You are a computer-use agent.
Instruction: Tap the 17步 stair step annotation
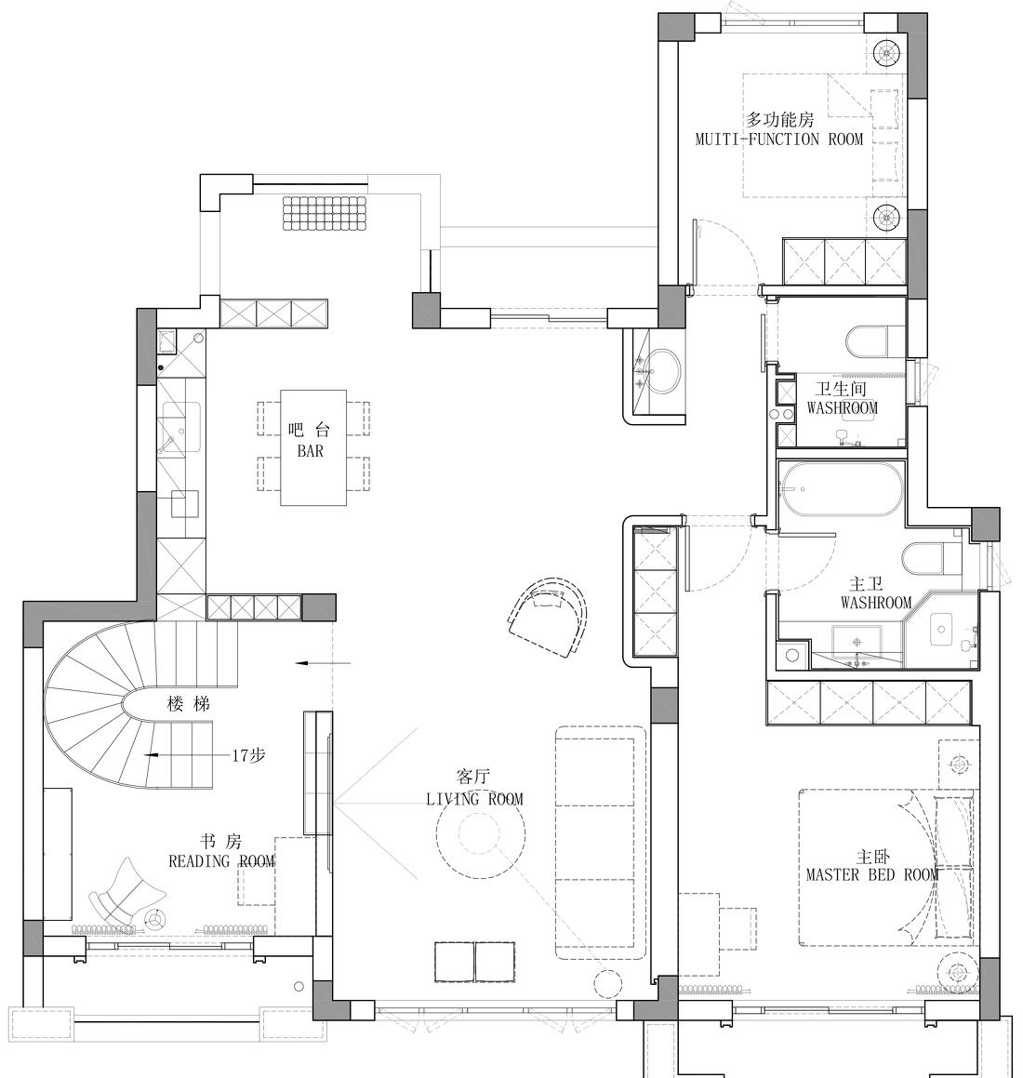tap(248, 755)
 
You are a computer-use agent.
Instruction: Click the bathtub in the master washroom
tap(841, 487)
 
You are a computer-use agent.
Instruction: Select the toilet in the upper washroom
tap(872, 341)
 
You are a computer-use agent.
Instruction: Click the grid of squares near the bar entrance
tap(325, 213)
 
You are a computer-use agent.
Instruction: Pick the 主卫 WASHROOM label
tap(875, 593)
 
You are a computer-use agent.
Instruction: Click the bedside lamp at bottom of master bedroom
tap(955, 975)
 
